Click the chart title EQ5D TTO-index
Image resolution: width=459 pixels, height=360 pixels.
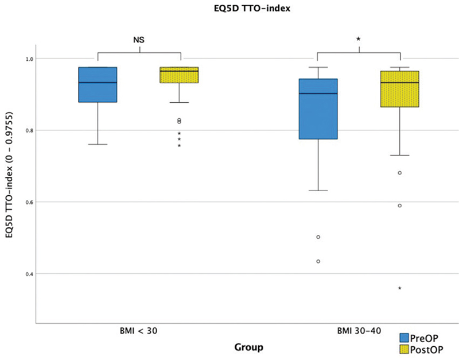coord(229,9)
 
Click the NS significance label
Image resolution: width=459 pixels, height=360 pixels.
coord(139,39)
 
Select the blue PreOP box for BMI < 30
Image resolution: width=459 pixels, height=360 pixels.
coord(98,84)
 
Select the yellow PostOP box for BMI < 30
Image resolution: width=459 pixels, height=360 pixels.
coord(180,75)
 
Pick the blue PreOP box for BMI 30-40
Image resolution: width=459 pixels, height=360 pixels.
coord(318,109)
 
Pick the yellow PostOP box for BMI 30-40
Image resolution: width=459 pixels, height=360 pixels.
coord(400,89)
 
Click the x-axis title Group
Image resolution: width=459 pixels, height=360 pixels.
coord(248,347)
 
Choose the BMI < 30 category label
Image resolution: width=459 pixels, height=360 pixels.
coord(139,331)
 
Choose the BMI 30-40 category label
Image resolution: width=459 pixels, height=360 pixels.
coord(359,331)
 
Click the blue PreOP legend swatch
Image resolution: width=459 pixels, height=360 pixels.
coord(406,337)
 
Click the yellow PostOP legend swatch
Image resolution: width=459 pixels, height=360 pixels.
coord(406,349)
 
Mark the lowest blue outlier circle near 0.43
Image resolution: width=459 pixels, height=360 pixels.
coord(318,261)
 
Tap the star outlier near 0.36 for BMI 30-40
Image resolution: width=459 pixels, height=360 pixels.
coord(400,288)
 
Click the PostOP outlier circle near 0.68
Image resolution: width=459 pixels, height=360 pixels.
coord(400,173)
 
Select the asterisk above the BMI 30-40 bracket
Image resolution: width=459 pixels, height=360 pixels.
coord(359,39)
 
